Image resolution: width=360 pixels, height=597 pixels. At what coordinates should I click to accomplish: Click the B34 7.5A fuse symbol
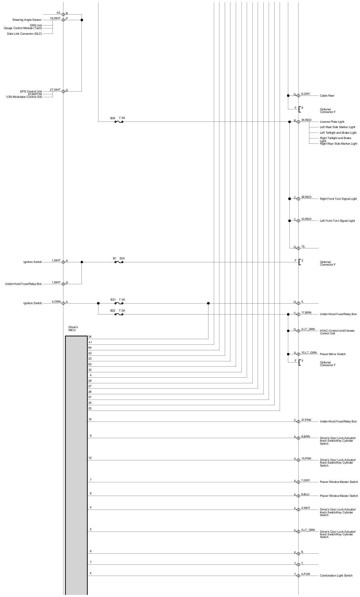119,122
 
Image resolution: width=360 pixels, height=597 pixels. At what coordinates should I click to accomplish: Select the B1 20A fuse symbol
119,262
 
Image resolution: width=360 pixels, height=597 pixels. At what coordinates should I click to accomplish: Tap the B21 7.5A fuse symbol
119,303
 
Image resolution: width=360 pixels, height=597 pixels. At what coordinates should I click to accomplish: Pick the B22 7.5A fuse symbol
119,314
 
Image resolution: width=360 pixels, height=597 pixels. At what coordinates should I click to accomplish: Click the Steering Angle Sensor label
27,20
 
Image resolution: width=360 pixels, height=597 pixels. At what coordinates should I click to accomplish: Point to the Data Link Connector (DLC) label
24,33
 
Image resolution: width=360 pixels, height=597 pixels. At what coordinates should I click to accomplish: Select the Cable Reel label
327,96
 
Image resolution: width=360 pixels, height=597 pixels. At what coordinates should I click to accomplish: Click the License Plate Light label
332,122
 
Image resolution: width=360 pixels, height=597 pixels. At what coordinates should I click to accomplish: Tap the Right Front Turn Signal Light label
338,199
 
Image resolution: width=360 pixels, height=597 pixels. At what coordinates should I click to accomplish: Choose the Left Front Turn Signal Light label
337,221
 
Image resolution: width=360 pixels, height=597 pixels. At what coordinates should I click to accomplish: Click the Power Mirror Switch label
332,354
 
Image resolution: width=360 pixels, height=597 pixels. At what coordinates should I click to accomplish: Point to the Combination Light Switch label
336,576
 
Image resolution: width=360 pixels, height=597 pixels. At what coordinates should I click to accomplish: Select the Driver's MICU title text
73,329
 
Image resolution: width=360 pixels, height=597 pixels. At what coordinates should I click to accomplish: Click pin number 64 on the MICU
90,348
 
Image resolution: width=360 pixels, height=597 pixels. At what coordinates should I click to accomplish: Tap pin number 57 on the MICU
90,397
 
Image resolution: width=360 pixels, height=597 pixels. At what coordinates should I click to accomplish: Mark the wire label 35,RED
306,120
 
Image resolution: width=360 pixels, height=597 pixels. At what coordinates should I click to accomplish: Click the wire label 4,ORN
56,302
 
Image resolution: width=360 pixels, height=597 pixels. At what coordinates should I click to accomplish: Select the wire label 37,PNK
306,420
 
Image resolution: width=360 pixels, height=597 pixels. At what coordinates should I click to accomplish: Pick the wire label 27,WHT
55,90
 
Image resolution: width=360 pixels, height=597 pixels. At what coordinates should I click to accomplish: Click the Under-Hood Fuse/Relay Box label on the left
23,284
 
